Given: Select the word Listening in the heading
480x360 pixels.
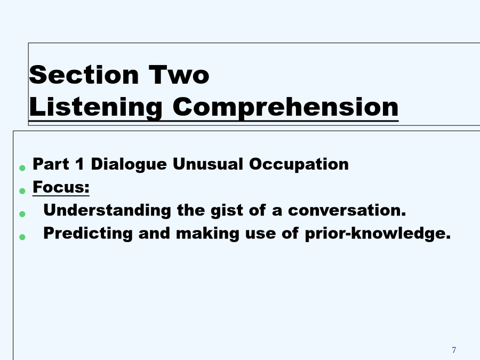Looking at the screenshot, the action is pyautogui.click(x=95, y=107).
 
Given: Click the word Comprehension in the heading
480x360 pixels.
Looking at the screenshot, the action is pyautogui.click(x=285, y=107).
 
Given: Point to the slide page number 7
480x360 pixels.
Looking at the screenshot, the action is pyautogui.click(x=454, y=349).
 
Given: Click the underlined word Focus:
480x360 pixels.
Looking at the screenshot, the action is pyautogui.click(x=61, y=187).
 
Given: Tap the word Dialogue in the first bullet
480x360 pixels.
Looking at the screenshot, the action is pyautogui.click(x=129, y=164).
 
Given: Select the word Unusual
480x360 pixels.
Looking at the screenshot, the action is pyautogui.click(x=208, y=164).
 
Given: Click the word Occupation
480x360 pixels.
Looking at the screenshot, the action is pyautogui.click(x=299, y=164).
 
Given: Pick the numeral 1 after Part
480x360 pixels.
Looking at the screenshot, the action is pyautogui.click(x=79, y=164).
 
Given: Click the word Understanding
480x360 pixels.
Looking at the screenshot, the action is pyautogui.click(x=107, y=211).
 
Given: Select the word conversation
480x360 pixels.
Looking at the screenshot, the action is pyautogui.click(x=347, y=210).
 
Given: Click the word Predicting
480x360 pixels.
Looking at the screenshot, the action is pyautogui.click(x=88, y=234).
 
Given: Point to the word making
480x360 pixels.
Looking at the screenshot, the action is pyautogui.click(x=207, y=234).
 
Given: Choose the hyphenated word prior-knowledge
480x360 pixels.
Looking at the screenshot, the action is pyautogui.click(x=378, y=234).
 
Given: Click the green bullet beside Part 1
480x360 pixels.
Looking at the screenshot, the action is pyautogui.click(x=22, y=168).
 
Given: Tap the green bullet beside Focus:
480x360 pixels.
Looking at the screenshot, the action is pyautogui.click(x=22, y=191).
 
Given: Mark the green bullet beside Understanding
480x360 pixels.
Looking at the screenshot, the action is pyautogui.click(x=22, y=214).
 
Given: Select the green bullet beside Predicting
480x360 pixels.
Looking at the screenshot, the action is pyautogui.click(x=22, y=237).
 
